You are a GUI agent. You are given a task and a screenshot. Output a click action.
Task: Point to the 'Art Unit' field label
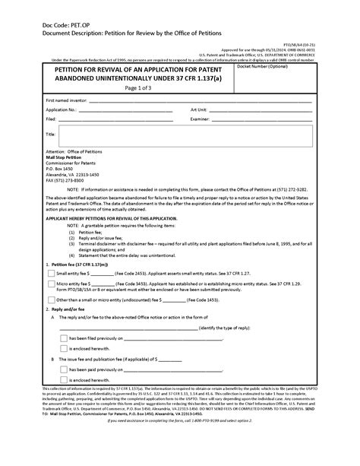click(x=200, y=109)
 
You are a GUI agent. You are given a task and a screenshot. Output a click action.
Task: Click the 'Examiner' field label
click(x=201, y=119)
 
